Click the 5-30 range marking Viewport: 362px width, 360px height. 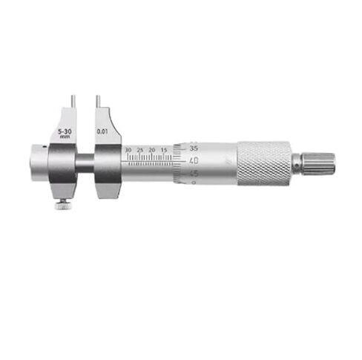coord(65,130)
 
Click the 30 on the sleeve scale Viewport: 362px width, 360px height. coord(129,150)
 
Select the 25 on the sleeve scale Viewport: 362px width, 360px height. coord(140,150)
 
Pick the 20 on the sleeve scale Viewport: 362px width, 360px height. coord(152,150)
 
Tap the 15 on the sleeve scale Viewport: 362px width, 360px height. coord(163,150)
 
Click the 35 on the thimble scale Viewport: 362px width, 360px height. coord(194,147)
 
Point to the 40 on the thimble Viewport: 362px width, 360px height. coord(194,160)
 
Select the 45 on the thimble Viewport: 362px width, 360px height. coord(194,174)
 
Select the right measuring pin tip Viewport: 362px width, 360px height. coord(96,97)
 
